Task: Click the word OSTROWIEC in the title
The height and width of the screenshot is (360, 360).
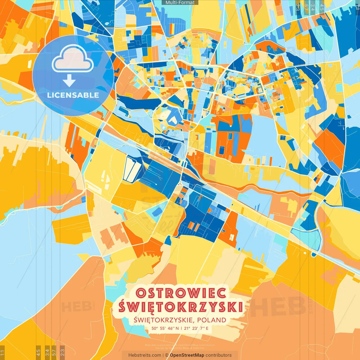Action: point(181,293)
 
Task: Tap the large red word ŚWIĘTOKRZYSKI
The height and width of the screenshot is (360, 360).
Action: point(181,307)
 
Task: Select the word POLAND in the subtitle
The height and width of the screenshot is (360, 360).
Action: point(211,320)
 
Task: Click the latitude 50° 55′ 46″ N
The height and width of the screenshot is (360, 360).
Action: point(165,328)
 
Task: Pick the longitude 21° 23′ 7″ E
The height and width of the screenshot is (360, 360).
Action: point(196,328)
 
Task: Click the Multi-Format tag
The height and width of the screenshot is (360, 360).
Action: point(180,3)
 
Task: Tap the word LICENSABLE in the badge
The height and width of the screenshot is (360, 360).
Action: point(73,95)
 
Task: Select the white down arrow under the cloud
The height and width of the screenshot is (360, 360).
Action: point(69,81)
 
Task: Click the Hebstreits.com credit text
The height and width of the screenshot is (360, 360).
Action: point(145,355)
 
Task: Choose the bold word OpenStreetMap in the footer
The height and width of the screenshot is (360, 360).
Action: point(187,355)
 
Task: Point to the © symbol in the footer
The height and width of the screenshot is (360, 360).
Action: point(166,355)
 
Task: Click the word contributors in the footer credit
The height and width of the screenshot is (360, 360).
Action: point(219,355)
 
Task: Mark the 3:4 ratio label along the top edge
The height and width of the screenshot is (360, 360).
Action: point(313,7)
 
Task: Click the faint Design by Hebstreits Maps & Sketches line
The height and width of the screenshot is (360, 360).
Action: point(180,348)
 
